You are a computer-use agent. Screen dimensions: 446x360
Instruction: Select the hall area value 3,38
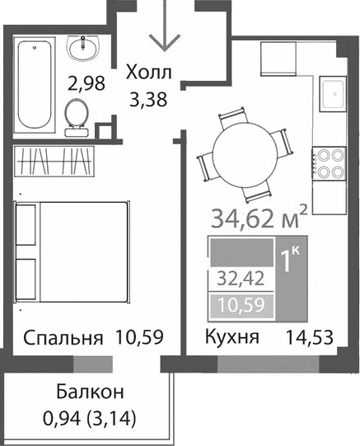pyautogui.click(x=149, y=101)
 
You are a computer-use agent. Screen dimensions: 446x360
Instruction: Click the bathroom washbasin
pyautogui.click(x=83, y=49)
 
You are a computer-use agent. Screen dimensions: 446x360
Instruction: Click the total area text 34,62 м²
pyautogui.click(x=259, y=220)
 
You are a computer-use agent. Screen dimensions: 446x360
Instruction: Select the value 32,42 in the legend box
pyautogui.click(x=235, y=279)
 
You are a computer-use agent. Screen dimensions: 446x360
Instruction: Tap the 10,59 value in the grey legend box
pyautogui.click(x=235, y=306)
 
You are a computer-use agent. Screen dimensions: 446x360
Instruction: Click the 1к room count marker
pyautogui.click(x=291, y=261)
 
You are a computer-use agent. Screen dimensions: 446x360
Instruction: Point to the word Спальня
pyautogui.click(x=63, y=338)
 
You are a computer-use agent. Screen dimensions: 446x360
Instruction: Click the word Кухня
pyautogui.click(x=231, y=338)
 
